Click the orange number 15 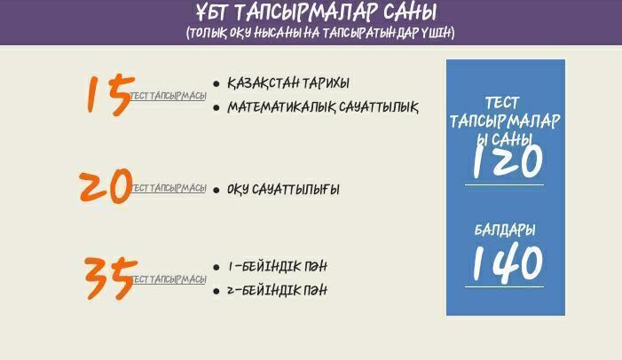pos(109,94)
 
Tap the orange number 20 pos(105,186)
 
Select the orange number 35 pos(110,278)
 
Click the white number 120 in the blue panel pos(505,160)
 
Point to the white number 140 pos(505,262)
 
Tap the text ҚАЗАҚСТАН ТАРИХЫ pos(287,83)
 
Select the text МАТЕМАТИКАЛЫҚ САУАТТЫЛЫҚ pos(322,107)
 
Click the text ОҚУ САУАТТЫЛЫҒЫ pos(283,190)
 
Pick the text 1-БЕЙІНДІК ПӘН pos(276,267)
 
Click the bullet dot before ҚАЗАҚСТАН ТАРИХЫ pos(217,84)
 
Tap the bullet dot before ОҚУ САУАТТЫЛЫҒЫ pos(217,190)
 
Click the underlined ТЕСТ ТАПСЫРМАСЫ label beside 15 pos(169,96)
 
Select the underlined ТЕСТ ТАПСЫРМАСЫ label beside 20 pos(169,188)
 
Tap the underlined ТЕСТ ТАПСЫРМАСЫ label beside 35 pos(169,279)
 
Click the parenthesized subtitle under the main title pos(320,33)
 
